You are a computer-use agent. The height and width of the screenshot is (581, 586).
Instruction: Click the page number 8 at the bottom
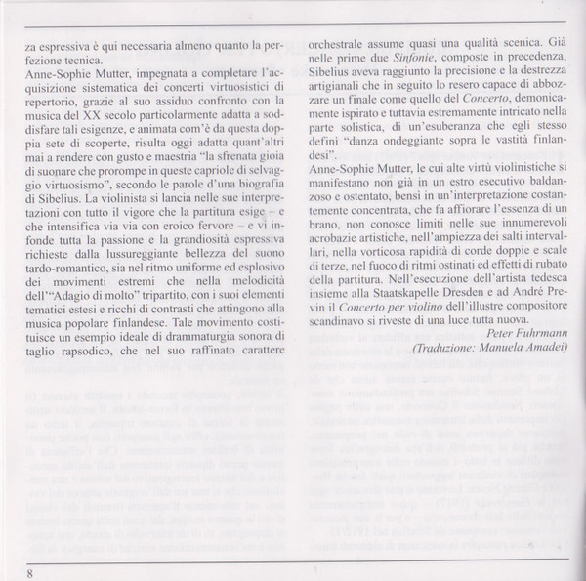tap(30, 572)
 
